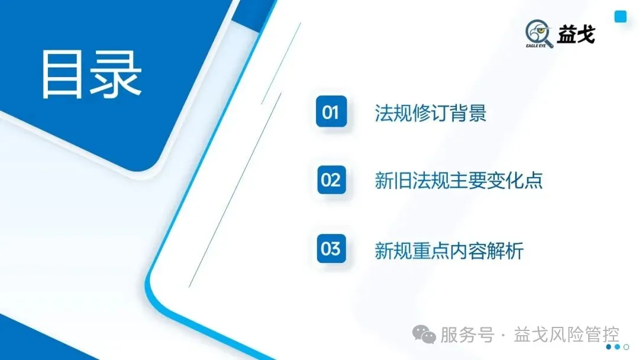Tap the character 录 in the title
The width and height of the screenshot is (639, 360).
click(115, 74)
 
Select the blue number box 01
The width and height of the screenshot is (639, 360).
click(331, 112)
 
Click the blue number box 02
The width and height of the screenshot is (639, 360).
click(331, 179)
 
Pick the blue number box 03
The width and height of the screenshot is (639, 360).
click(331, 249)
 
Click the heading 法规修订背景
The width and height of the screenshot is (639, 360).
click(430, 112)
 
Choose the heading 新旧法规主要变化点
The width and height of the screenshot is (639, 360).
click(459, 181)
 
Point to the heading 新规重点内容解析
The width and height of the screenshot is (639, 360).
click(449, 250)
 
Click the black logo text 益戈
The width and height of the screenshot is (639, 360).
click(576, 34)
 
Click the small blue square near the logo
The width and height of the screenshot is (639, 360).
click(620, 17)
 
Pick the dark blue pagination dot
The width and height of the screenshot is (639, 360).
click(609, 347)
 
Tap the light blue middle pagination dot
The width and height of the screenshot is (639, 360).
click(617, 347)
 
